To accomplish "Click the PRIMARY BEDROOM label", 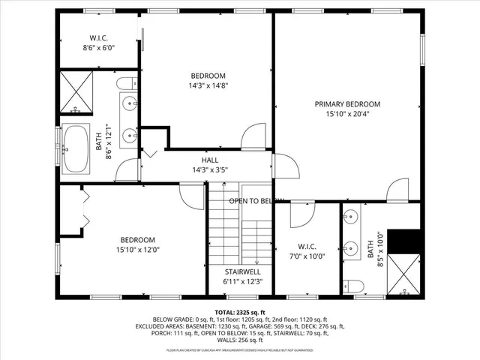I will [347, 104].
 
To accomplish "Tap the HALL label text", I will [209, 160].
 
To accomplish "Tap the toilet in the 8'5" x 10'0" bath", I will [353, 286].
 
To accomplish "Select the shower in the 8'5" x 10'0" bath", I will [406, 274].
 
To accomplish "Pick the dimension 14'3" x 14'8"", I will [208, 85].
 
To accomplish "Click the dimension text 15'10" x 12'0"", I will [138, 250].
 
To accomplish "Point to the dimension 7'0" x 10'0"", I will [311, 256].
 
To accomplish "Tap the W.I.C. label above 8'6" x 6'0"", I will [99, 37].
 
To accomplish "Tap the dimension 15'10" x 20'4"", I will [347, 114].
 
